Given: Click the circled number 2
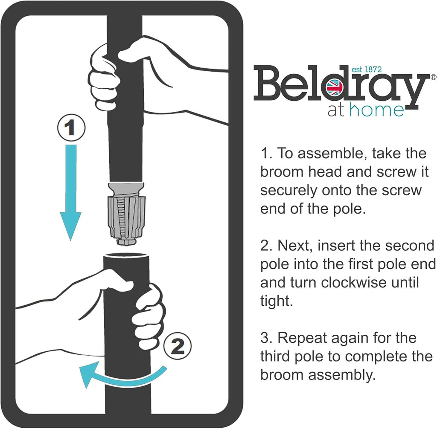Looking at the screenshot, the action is click(178, 346).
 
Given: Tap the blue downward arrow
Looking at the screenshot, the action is click(71, 192).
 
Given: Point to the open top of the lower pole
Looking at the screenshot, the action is click(126, 256).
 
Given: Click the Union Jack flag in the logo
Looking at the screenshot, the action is click(335, 87).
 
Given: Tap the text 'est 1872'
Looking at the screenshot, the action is click(367, 70).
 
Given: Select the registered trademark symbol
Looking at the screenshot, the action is click(434, 77).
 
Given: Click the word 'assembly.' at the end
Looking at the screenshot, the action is click(342, 375).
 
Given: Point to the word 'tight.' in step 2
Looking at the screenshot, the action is click(277, 301).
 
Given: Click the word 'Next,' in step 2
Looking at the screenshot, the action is click(295, 246).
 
